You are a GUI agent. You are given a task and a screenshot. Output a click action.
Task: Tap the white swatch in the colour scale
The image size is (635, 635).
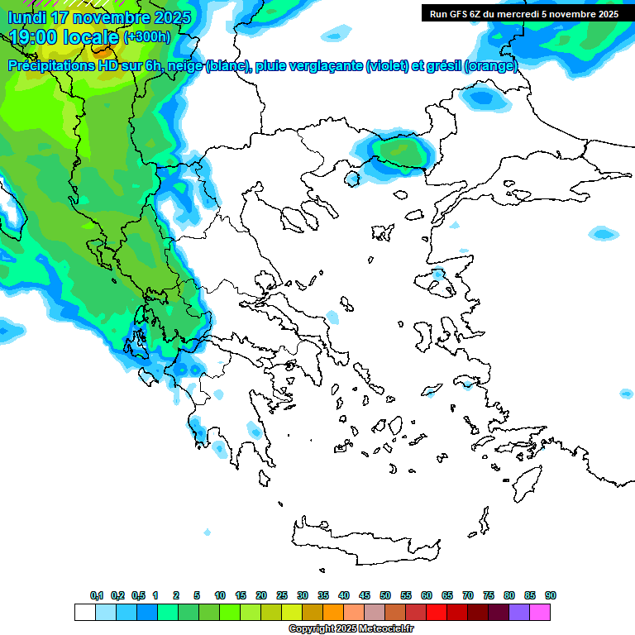pyautogui.click(x=84, y=613)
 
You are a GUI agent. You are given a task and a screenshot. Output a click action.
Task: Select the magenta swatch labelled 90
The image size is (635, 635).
pyautogui.click(x=541, y=613)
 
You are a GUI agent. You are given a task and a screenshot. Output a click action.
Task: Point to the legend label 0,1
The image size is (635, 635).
pyautogui.click(x=97, y=595)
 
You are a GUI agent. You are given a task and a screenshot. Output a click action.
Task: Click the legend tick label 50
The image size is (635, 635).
pyautogui.click(x=385, y=595)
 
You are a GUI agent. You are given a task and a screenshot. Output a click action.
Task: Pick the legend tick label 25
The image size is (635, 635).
pyautogui.click(x=282, y=595)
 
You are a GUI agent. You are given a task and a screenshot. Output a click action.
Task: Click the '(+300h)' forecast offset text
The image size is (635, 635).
pyautogui.click(x=146, y=37)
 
